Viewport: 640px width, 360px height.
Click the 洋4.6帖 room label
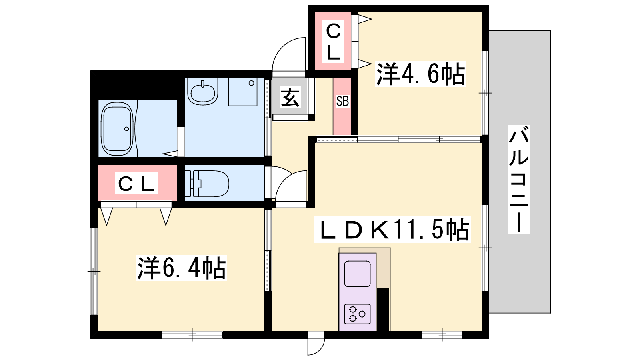(420, 74)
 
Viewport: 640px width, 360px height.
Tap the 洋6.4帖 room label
(182, 268)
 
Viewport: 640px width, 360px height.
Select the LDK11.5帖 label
(392, 230)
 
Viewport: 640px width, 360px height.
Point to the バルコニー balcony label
(518, 179)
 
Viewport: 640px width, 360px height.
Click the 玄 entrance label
(290, 97)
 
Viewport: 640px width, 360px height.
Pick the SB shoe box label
(342, 101)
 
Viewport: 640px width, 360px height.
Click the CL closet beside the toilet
(136, 184)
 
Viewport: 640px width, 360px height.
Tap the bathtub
(117, 129)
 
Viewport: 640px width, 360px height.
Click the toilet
(207, 184)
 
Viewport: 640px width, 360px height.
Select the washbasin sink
(203, 92)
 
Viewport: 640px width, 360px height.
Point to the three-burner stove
(358, 314)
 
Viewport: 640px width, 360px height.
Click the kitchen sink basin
(358, 274)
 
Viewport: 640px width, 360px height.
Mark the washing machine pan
(242, 92)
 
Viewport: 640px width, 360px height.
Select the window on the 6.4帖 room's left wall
(94, 272)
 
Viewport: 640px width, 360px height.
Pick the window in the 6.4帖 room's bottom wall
(192, 335)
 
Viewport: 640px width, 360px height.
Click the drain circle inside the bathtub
(126, 129)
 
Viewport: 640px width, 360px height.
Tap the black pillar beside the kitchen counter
(383, 310)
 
